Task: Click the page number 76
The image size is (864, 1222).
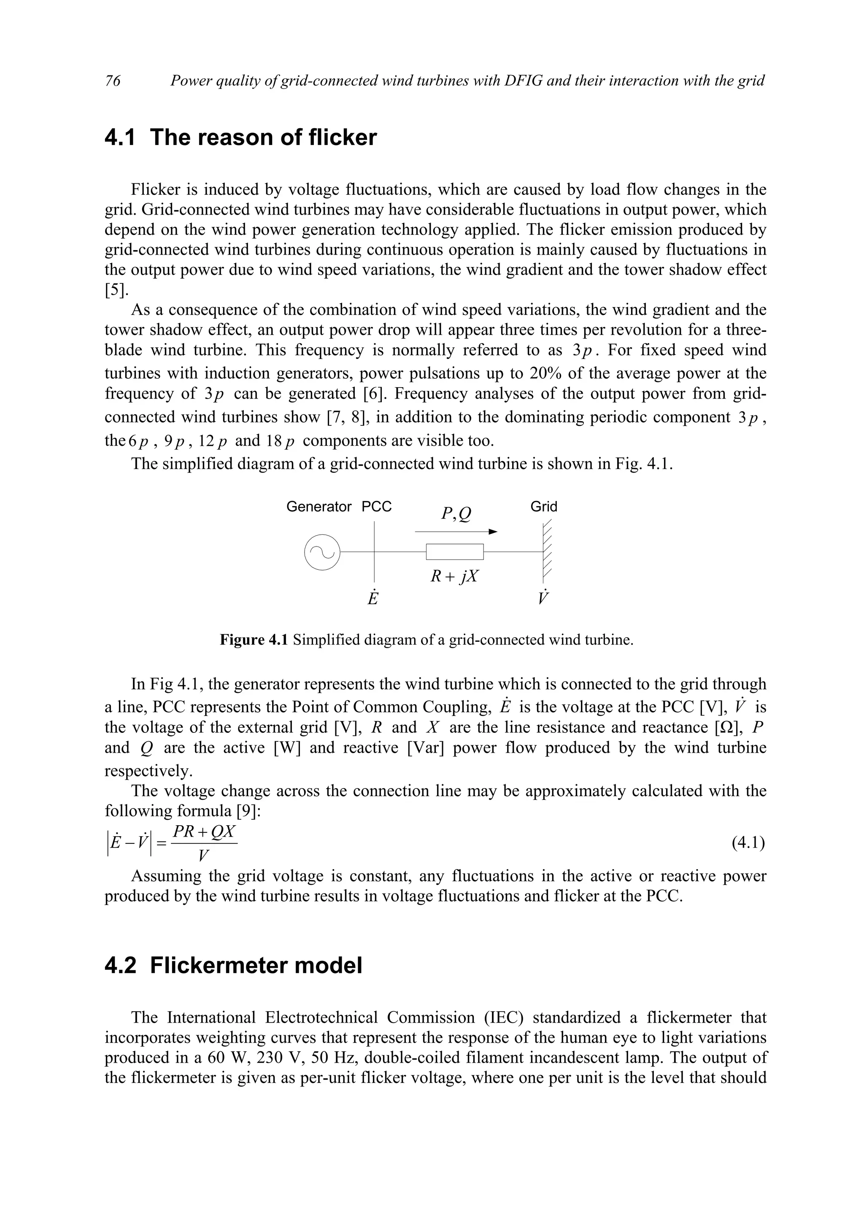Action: [x=113, y=81]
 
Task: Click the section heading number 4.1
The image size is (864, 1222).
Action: [x=120, y=138]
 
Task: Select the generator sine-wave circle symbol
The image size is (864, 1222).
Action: [x=322, y=552]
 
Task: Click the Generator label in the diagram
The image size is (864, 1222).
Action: [x=319, y=507]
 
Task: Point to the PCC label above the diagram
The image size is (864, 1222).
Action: [x=376, y=507]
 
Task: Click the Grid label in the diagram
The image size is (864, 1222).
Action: [x=543, y=507]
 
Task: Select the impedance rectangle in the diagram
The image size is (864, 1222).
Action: [x=455, y=552]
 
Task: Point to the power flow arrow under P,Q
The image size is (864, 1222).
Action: [x=456, y=531]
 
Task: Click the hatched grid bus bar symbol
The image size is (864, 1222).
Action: [x=547, y=552]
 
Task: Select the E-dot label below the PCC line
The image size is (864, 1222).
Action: [x=373, y=598]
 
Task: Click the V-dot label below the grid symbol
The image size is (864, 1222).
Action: [x=543, y=598]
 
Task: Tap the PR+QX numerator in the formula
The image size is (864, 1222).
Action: [x=205, y=832]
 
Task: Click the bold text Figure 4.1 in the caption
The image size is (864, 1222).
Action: [x=254, y=640]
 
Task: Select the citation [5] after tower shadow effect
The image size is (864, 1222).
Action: [x=116, y=290]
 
